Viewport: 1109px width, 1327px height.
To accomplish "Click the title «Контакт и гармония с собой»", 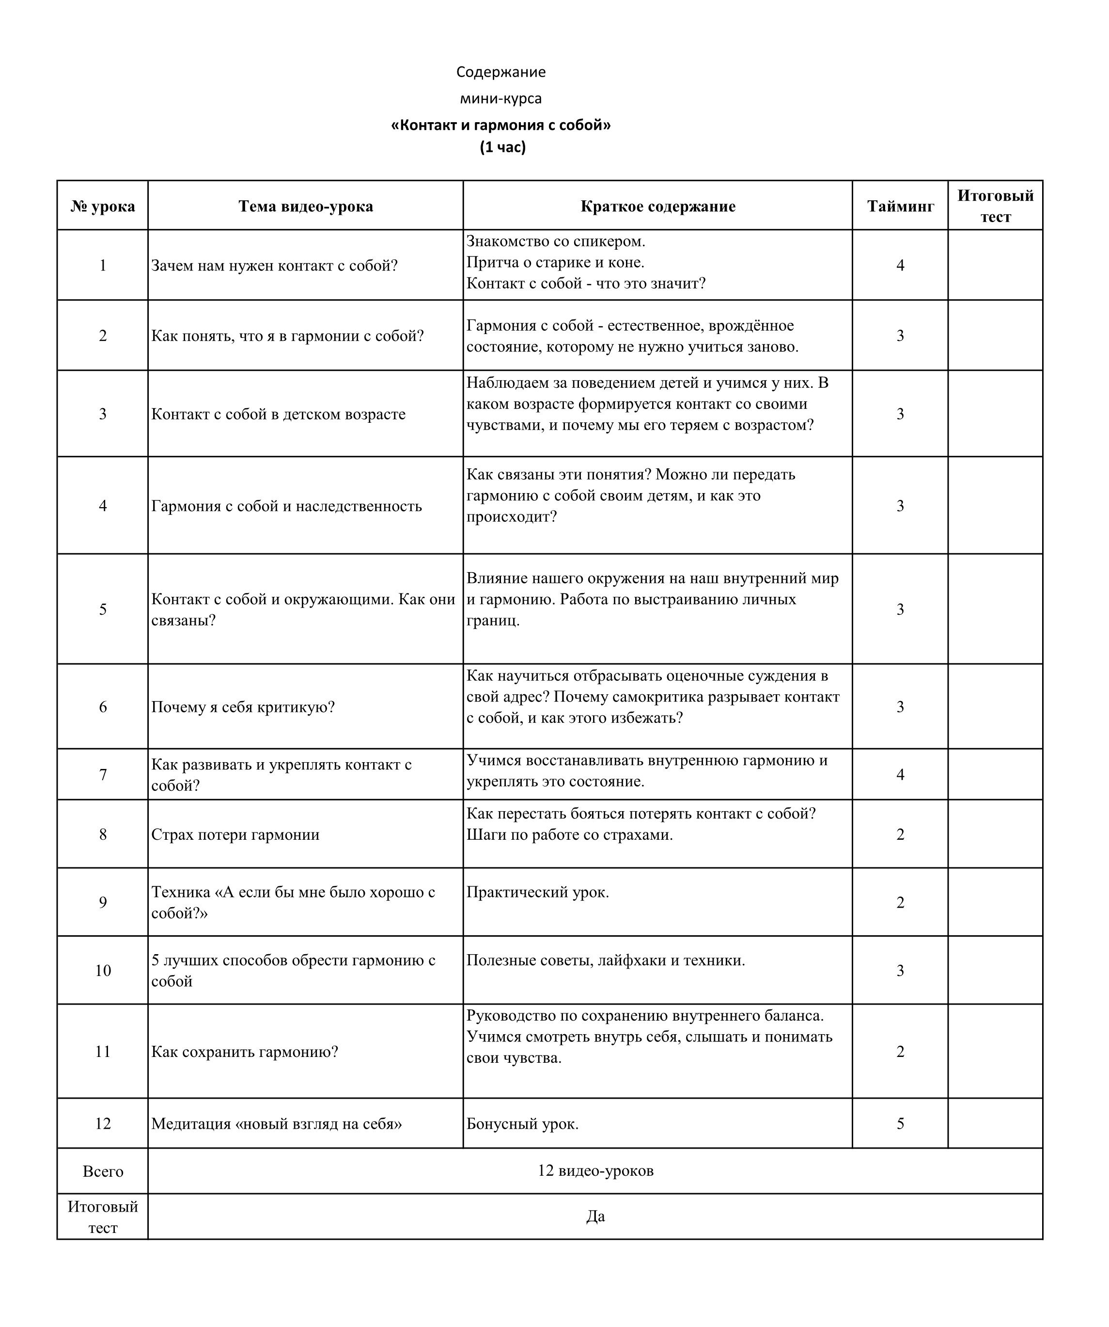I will click(x=501, y=125).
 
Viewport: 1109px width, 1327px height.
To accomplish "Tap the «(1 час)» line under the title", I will click(x=503, y=147).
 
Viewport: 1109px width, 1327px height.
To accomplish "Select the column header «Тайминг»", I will click(x=900, y=207).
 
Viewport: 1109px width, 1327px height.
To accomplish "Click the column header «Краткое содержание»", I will click(x=657, y=207).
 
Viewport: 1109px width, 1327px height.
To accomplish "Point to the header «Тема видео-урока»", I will click(x=306, y=207).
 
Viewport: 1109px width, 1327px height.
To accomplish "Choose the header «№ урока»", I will click(x=102, y=207).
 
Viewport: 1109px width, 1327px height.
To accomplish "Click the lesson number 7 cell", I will click(x=102, y=775).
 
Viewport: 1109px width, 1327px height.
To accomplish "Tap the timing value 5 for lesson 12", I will click(x=900, y=1123).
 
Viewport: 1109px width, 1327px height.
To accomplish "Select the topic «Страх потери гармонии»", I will click(x=235, y=835).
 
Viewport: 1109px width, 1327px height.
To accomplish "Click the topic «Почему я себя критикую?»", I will click(x=243, y=707).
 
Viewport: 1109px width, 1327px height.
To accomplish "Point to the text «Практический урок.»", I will click(x=537, y=892).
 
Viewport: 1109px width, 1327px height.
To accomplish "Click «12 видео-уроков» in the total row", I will click(x=595, y=1171).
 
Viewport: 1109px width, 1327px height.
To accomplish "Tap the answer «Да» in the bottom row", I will click(x=595, y=1216).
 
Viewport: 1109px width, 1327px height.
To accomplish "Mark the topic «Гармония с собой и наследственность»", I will click(x=286, y=506).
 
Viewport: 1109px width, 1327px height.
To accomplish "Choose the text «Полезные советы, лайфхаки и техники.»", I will click(x=606, y=960).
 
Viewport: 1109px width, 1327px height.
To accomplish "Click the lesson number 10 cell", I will click(x=102, y=971).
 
